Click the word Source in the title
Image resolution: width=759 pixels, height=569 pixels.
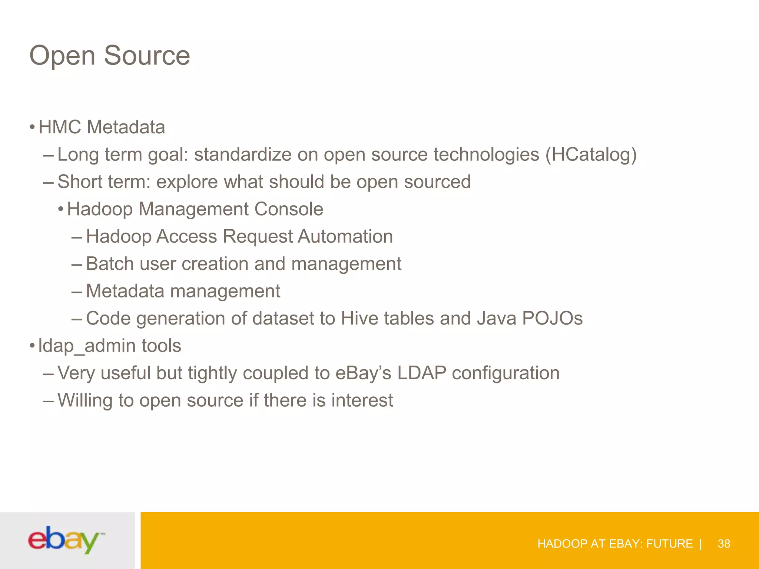tap(147, 56)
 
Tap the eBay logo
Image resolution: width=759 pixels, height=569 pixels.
tap(66, 540)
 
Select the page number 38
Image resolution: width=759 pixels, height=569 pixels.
tap(724, 543)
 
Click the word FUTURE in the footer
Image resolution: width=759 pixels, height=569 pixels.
tap(669, 543)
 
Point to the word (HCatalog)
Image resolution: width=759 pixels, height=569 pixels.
tap(591, 154)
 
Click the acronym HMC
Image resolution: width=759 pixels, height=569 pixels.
tap(60, 127)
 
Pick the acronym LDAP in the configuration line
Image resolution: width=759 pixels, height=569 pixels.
tap(421, 373)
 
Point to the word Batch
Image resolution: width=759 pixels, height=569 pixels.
tap(110, 264)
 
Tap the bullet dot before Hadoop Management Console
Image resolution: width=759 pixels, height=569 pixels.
tap(61, 210)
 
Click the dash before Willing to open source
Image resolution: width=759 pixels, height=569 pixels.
tap(49, 400)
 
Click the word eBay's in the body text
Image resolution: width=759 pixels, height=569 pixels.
tap(363, 373)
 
